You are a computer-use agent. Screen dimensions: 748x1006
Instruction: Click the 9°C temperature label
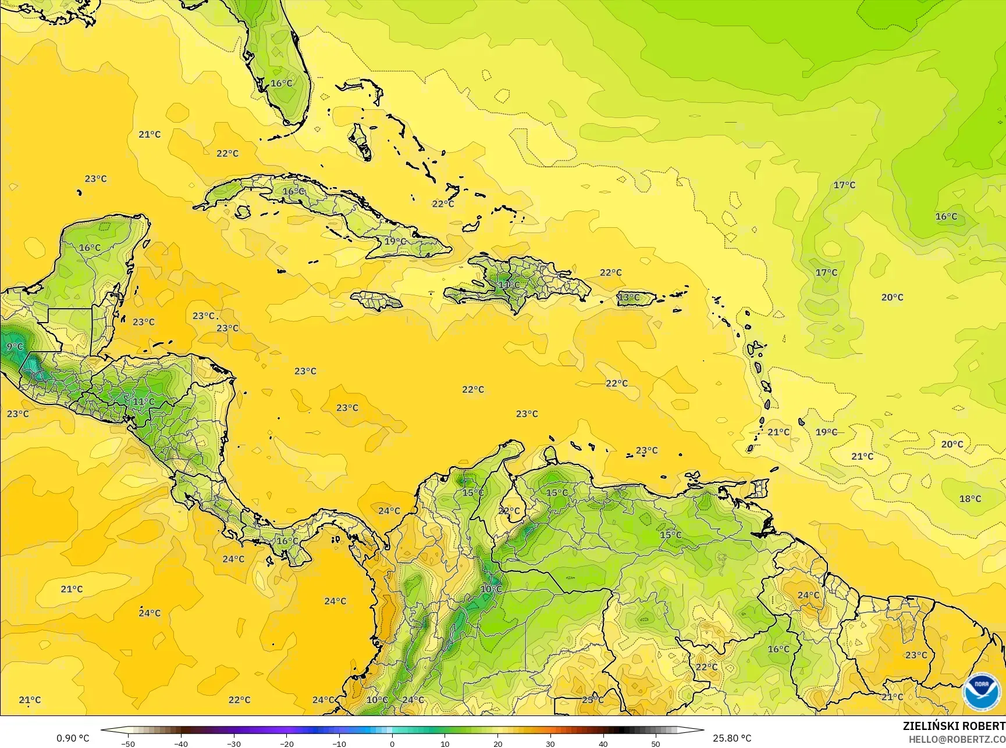point(15,347)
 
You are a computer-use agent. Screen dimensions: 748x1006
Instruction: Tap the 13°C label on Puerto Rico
point(628,298)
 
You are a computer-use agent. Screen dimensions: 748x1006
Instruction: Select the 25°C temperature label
point(592,700)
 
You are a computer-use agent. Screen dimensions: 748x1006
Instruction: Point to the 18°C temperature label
point(970,499)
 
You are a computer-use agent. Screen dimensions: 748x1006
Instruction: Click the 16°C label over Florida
point(282,84)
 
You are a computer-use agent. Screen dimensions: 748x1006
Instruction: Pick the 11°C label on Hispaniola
point(509,285)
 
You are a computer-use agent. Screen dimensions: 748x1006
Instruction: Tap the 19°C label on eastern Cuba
point(395,241)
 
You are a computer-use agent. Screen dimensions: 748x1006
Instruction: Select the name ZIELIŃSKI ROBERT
point(954,726)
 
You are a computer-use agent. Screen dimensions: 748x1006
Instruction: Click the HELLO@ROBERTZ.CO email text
point(957,739)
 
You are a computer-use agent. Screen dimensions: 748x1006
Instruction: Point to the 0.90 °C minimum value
point(73,738)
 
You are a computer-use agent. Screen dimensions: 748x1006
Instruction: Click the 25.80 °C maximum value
point(732,738)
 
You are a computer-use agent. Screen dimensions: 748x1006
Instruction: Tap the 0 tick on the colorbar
point(392,744)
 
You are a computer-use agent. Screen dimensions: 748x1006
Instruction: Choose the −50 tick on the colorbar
point(128,744)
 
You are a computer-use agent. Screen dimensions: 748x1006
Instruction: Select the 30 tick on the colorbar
point(550,744)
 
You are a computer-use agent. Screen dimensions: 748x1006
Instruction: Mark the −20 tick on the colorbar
point(286,744)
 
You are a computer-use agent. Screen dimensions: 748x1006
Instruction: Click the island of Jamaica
point(376,300)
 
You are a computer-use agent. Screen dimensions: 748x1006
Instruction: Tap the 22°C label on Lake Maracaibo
point(509,511)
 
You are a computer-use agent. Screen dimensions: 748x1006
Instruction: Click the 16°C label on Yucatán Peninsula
point(90,248)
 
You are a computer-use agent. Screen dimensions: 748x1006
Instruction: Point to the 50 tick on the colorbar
point(656,744)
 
